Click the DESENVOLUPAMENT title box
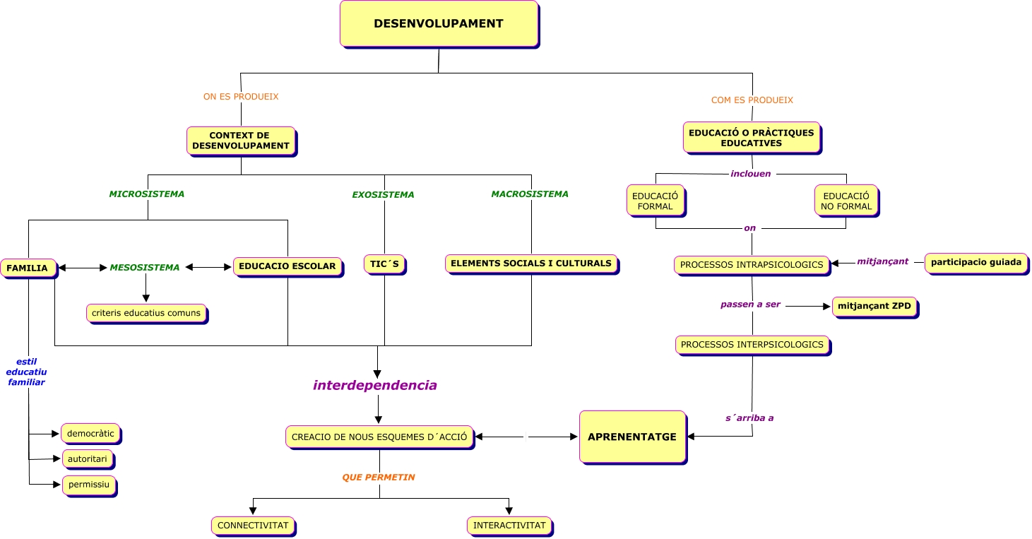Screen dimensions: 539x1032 439,24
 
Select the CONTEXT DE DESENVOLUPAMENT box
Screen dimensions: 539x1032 241,141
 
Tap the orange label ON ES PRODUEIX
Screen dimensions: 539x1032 241,97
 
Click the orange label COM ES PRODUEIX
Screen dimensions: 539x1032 752,100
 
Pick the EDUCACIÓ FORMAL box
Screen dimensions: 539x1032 655,201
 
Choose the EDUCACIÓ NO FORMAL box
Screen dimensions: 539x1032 846,201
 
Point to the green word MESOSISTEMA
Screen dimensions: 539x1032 145,268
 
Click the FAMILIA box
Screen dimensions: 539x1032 28,268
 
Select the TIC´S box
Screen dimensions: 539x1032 385,264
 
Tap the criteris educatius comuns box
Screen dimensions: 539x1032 146,313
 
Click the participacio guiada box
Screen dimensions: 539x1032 975,263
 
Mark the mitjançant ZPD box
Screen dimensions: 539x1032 874,307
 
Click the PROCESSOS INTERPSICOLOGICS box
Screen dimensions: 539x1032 752,345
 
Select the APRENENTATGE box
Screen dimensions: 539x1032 632,437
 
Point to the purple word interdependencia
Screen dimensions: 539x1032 375,386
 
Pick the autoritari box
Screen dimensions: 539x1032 88,459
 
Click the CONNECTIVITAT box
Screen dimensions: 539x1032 253,526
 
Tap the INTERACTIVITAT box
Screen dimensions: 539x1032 509,526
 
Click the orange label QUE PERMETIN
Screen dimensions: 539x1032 379,478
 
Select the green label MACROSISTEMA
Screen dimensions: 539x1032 530,194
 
